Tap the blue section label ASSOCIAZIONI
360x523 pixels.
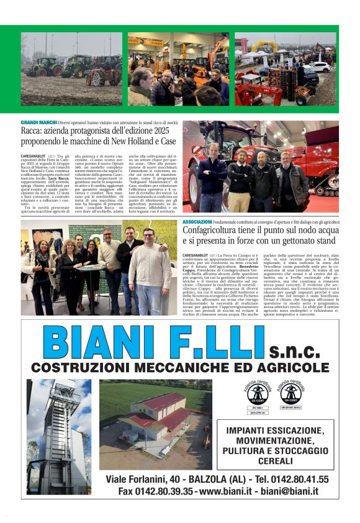pos(198,222)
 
